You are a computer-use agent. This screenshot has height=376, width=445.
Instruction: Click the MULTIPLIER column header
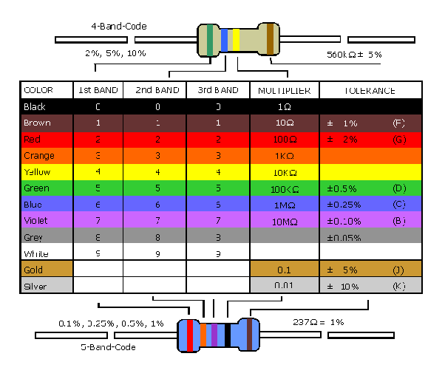pyautogui.click(x=284, y=91)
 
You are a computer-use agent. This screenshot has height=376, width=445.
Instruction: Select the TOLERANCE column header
pyautogui.click(x=370, y=91)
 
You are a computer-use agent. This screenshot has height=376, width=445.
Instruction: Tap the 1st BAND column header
pyautogui.click(x=98, y=91)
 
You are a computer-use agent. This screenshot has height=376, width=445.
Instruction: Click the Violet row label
pyautogui.click(x=36, y=221)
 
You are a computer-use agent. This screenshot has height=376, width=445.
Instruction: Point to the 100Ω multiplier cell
pyautogui.click(x=285, y=140)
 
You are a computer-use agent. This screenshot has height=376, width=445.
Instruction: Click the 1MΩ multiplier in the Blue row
pyautogui.click(x=285, y=205)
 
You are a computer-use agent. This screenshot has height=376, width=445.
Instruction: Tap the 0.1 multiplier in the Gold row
pyautogui.click(x=285, y=270)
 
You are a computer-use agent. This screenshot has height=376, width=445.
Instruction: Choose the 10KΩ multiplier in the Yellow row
pyautogui.click(x=285, y=172)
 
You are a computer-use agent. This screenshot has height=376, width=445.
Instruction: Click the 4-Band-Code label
pyautogui.click(x=118, y=27)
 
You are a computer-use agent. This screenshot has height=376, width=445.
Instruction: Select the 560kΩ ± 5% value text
pyautogui.click(x=354, y=55)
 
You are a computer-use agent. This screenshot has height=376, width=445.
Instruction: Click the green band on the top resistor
pyautogui.click(x=211, y=40)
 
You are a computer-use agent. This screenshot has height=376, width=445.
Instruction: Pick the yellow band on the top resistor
pyautogui.click(x=237, y=41)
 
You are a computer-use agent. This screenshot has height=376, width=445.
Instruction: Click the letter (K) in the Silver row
pyautogui.click(x=399, y=286)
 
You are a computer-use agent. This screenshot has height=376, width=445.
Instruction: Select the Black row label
pyautogui.click(x=35, y=107)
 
